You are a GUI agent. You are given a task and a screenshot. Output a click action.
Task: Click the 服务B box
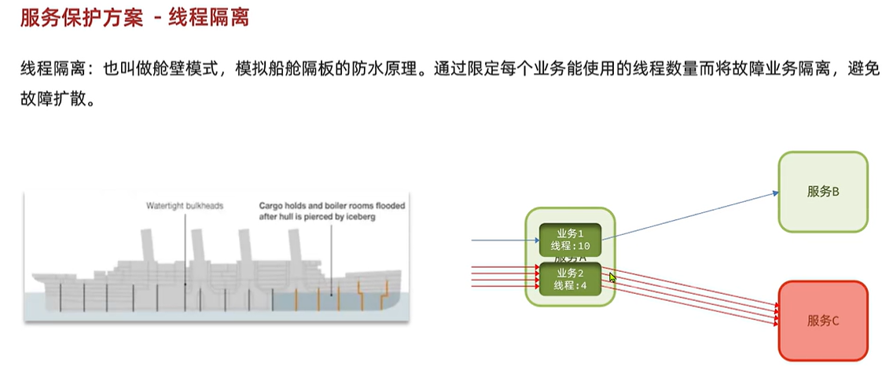coord(822,192)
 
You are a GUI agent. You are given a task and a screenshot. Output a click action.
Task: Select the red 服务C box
coord(822,320)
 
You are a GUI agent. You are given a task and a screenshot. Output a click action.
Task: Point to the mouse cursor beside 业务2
coord(612,277)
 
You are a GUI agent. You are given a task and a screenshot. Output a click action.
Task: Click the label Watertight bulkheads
coord(185,206)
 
